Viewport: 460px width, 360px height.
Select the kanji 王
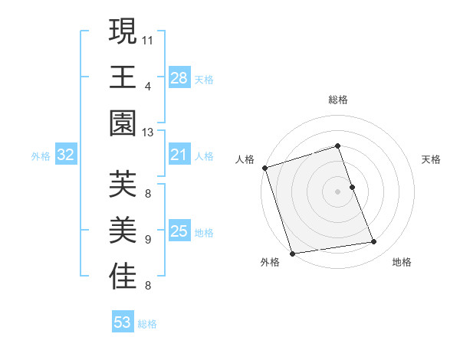click(x=123, y=77)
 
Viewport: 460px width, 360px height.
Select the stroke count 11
click(x=148, y=38)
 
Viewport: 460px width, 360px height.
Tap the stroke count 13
click(x=148, y=133)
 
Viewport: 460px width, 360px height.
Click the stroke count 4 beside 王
click(x=148, y=86)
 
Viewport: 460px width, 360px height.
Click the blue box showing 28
click(x=179, y=78)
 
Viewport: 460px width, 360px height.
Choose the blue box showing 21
click(x=179, y=155)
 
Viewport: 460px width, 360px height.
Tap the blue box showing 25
click(x=179, y=231)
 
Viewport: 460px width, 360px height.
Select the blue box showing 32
click(x=65, y=155)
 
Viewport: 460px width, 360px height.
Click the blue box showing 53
click(x=122, y=322)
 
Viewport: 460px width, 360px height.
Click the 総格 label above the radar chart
click(x=337, y=100)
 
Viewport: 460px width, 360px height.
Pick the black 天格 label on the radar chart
click(x=431, y=159)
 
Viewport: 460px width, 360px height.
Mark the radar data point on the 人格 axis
click(x=264, y=168)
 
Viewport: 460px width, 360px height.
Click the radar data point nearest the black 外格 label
click(x=292, y=253)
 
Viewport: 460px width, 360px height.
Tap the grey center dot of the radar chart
click(x=337, y=191)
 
